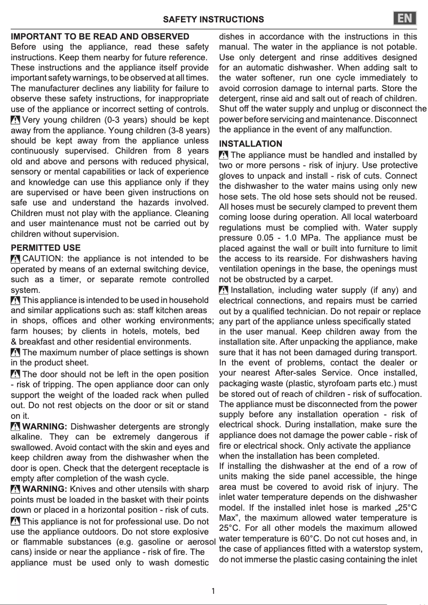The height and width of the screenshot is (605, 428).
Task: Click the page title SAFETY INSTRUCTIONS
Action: [x=213, y=20]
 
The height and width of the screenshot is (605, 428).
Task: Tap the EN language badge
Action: [x=405, y=19]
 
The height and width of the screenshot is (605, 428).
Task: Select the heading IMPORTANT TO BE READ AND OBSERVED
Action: [x=100, y=36]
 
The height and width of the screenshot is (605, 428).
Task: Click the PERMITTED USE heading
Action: [x=46, y=248]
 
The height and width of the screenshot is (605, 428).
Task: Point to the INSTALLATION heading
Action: [x=251, y=144]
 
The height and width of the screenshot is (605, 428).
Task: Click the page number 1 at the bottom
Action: [x=213, y=591]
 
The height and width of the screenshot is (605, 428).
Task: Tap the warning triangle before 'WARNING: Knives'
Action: [x=15, y=489]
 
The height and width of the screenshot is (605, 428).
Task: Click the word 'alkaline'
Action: [x=27, y=437]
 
